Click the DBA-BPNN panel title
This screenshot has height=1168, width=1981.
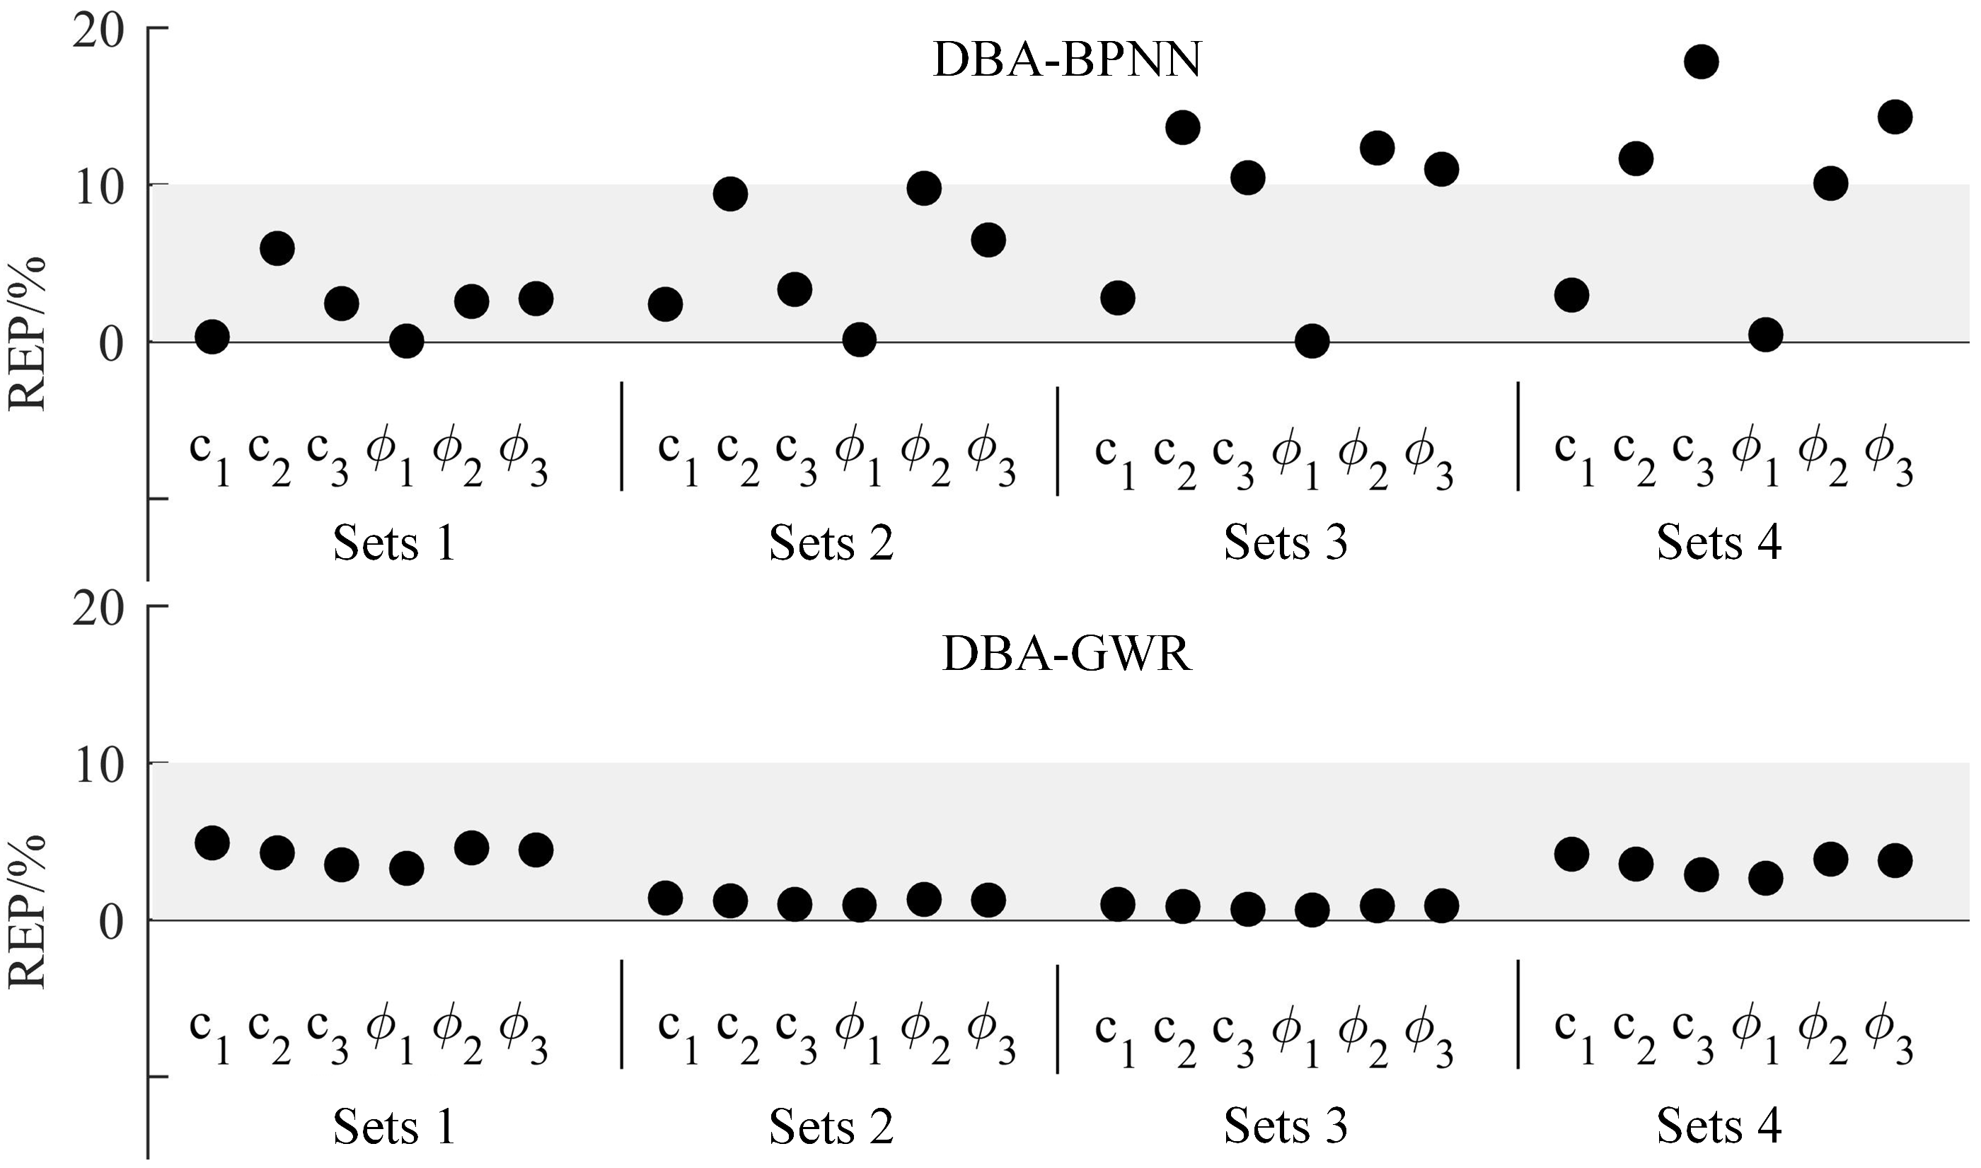coord(1066,61)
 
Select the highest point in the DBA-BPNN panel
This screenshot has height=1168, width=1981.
coord(1700,62)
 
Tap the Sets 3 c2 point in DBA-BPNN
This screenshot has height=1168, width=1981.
coord(1182,127)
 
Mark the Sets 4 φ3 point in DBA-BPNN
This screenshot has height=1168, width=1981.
coord(1895,117)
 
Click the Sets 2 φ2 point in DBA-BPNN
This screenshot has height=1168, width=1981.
coord(924,188)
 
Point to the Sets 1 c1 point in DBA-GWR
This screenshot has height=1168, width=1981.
coord(212,843)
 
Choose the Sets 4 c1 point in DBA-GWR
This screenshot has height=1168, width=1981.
coord(1571,854)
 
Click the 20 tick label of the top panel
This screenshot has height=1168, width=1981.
coord(98,33)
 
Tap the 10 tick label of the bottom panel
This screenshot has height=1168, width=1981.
coord(98,765)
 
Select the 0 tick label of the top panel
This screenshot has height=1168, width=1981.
coord(111,345)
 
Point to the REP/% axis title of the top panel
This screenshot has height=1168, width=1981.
coord(28,334)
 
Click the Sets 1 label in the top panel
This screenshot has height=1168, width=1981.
coord(394,543)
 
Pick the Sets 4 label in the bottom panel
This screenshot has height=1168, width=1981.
coord(1719,1126)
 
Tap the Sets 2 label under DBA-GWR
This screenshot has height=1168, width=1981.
coord(831,1126)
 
